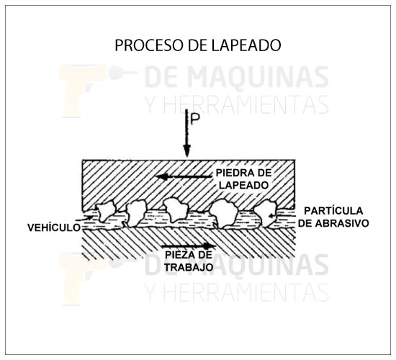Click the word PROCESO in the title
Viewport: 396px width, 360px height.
[150, 45]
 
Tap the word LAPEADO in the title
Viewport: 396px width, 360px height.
[246, 45]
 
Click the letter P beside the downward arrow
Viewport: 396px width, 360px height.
[194, 120]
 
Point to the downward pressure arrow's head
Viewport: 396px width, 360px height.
[187, 150]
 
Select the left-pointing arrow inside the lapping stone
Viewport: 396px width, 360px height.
[184, 177]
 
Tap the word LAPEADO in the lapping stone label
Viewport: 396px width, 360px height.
[243, 185]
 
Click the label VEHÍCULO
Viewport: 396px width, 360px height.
[54, 228]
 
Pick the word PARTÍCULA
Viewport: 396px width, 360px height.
[333, 211]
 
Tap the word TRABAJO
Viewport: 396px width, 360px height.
[189, 267]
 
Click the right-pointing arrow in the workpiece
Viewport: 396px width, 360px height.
[189, 246]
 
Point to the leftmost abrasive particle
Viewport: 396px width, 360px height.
[107, 210]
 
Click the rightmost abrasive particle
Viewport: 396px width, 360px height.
[266, 212]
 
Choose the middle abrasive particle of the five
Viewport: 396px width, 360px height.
[176, 210]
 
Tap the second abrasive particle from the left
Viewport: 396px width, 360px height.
[136, 213]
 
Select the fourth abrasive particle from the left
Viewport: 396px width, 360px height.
[224, 213]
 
